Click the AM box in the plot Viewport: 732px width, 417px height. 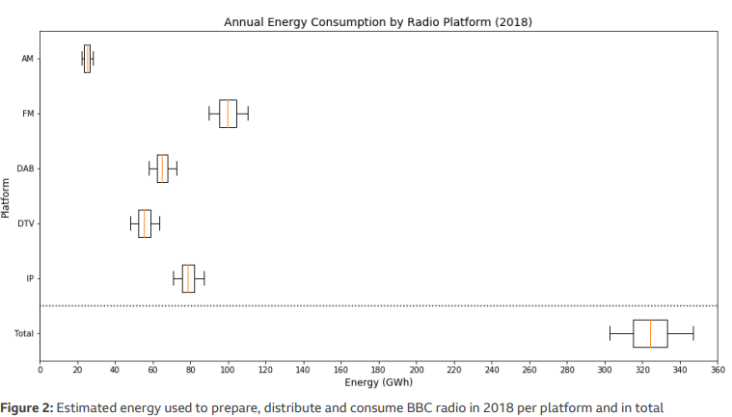(x=87, y=59)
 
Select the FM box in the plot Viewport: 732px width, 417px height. (x=228, y=114)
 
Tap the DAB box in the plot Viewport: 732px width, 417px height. (x=162, y=169)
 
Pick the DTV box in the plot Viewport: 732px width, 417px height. (x=145, y=223)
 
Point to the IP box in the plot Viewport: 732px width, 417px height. (x=188, y=278)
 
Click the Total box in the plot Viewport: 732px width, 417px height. (x=650, y=333)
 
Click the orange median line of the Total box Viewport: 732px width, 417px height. (x=651, y=333)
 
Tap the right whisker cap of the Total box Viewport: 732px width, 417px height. (x=693, y=333)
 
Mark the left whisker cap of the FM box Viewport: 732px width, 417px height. (x=208, y=114)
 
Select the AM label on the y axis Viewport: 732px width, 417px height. (x=27, y=59)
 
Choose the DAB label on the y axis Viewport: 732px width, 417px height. (x=26, y=169)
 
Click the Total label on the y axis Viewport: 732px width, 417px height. (x=24, y=333)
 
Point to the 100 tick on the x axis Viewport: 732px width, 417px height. (x=228, y=369)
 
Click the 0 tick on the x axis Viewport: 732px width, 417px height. (x=40, y=369)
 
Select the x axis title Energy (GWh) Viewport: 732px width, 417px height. (x=378, y=381)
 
